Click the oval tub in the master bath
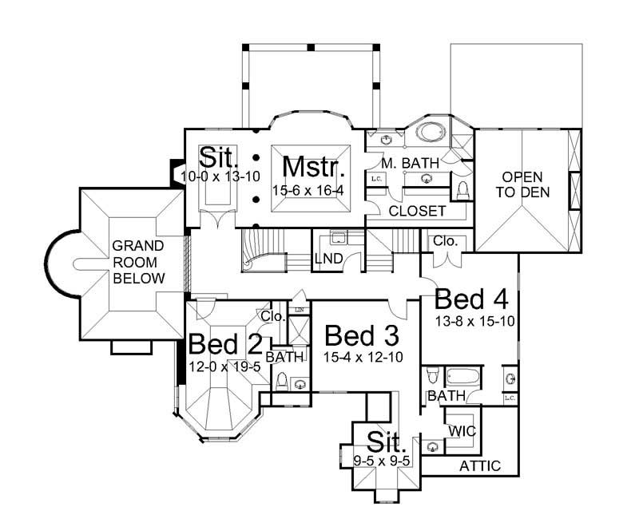pyautogui.click(x=432, y=134)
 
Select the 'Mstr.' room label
pyautogui.click(x=314, y=168)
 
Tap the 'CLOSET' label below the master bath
pyautogui.click(x=416, y=212)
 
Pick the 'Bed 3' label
pyautogui.click(x=361, y=335)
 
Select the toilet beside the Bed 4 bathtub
pyautogui.click(x=431, y=374)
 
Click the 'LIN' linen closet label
pyautogui.click(x=300, y=309)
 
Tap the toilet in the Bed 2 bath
pyautogui.click(x=280, y=382)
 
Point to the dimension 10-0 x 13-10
pyautogui.click(x=220, y=176)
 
